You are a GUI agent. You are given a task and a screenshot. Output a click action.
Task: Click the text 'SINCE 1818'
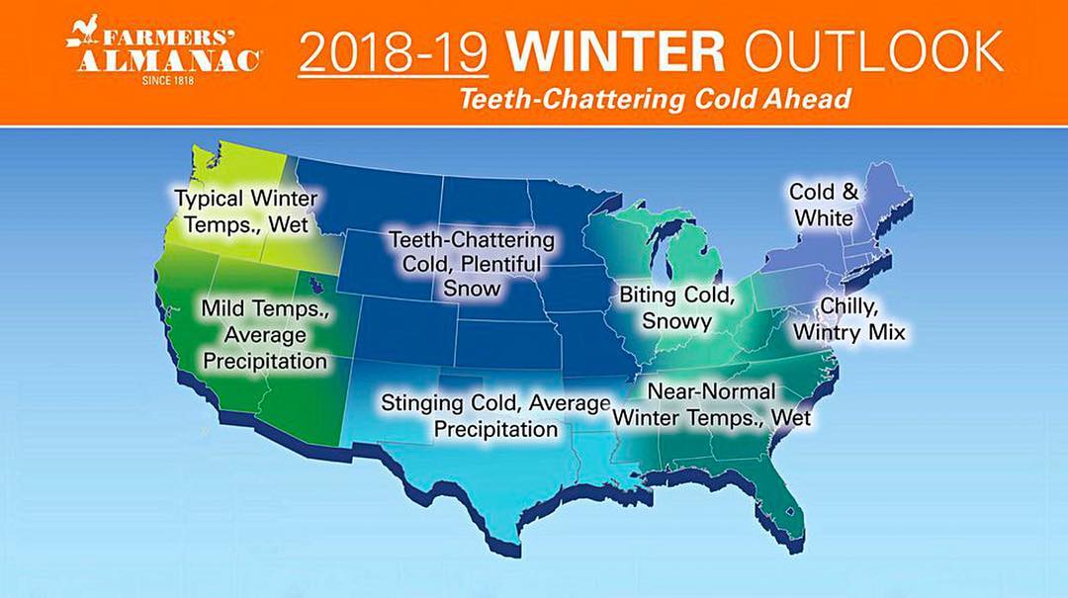(164, 79)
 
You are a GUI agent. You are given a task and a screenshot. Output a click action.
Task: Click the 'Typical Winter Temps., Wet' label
(245, 211)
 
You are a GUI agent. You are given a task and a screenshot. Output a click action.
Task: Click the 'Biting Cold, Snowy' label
(676, 307)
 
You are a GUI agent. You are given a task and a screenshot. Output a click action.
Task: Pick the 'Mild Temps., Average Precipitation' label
(264, 335)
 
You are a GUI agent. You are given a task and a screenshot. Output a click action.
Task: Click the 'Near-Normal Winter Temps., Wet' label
(711, 404)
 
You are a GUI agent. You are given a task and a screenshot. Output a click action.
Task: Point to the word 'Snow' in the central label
(472, 288)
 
